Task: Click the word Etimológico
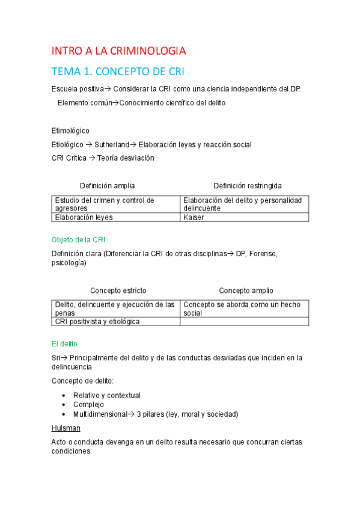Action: [x=70, y=131]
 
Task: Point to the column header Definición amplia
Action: [x=108, y=186]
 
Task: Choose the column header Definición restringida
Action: [x=247, y=186]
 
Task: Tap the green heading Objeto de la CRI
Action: [x=79, y=239]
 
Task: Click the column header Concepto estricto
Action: [x=118, y=290]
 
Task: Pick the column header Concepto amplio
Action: [x=246, y=290]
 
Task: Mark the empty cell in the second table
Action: [x=244, y=321]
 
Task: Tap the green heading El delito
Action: [x=64, y=344]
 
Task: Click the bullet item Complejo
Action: [x=88, y=404]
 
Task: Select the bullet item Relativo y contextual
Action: [x=106, y=395]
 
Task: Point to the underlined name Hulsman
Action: [x=66, y=428]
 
